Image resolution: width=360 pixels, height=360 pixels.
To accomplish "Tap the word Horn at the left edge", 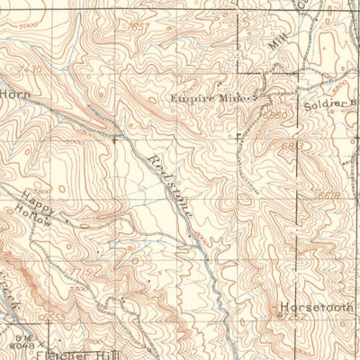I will (14, 93).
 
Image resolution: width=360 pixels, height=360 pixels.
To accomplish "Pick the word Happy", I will (36, 201).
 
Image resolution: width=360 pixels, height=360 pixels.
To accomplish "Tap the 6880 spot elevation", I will (275, 117).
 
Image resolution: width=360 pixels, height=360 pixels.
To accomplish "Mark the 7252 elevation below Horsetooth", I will (291, 316).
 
